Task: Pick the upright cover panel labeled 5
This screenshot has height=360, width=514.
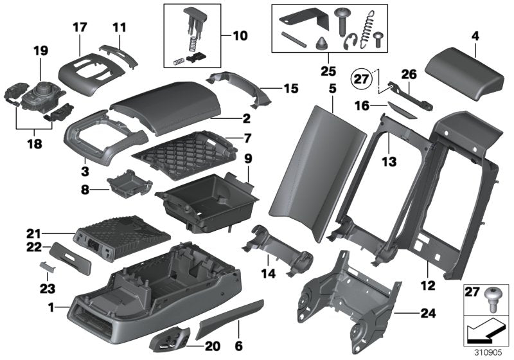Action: (x=305, y=167)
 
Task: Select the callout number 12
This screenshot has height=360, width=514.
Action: (x=427, y=283)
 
